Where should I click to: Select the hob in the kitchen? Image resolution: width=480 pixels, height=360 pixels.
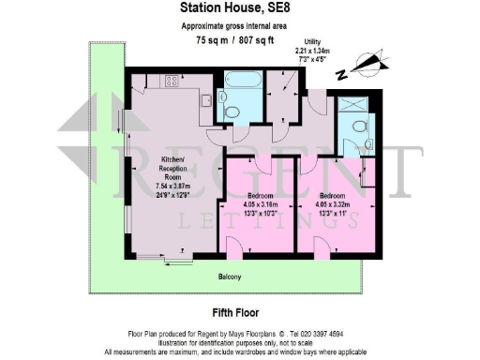(172, 82)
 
